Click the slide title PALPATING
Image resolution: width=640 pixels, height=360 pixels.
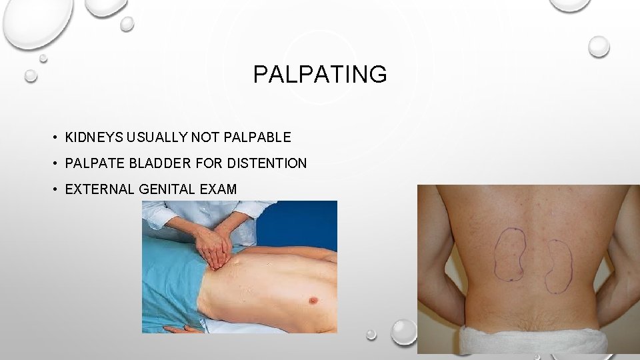[x=319, y=75]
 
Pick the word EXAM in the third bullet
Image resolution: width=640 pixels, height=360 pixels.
[x=218, y=189]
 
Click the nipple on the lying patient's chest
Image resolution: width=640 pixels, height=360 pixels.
[x=312, y=301]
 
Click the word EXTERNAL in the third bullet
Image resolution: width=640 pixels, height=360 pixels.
[x=100, y=189]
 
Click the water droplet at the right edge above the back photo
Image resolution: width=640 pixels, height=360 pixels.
[x=599, y=46]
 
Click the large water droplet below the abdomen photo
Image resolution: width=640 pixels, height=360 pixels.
[x=403, y=331]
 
